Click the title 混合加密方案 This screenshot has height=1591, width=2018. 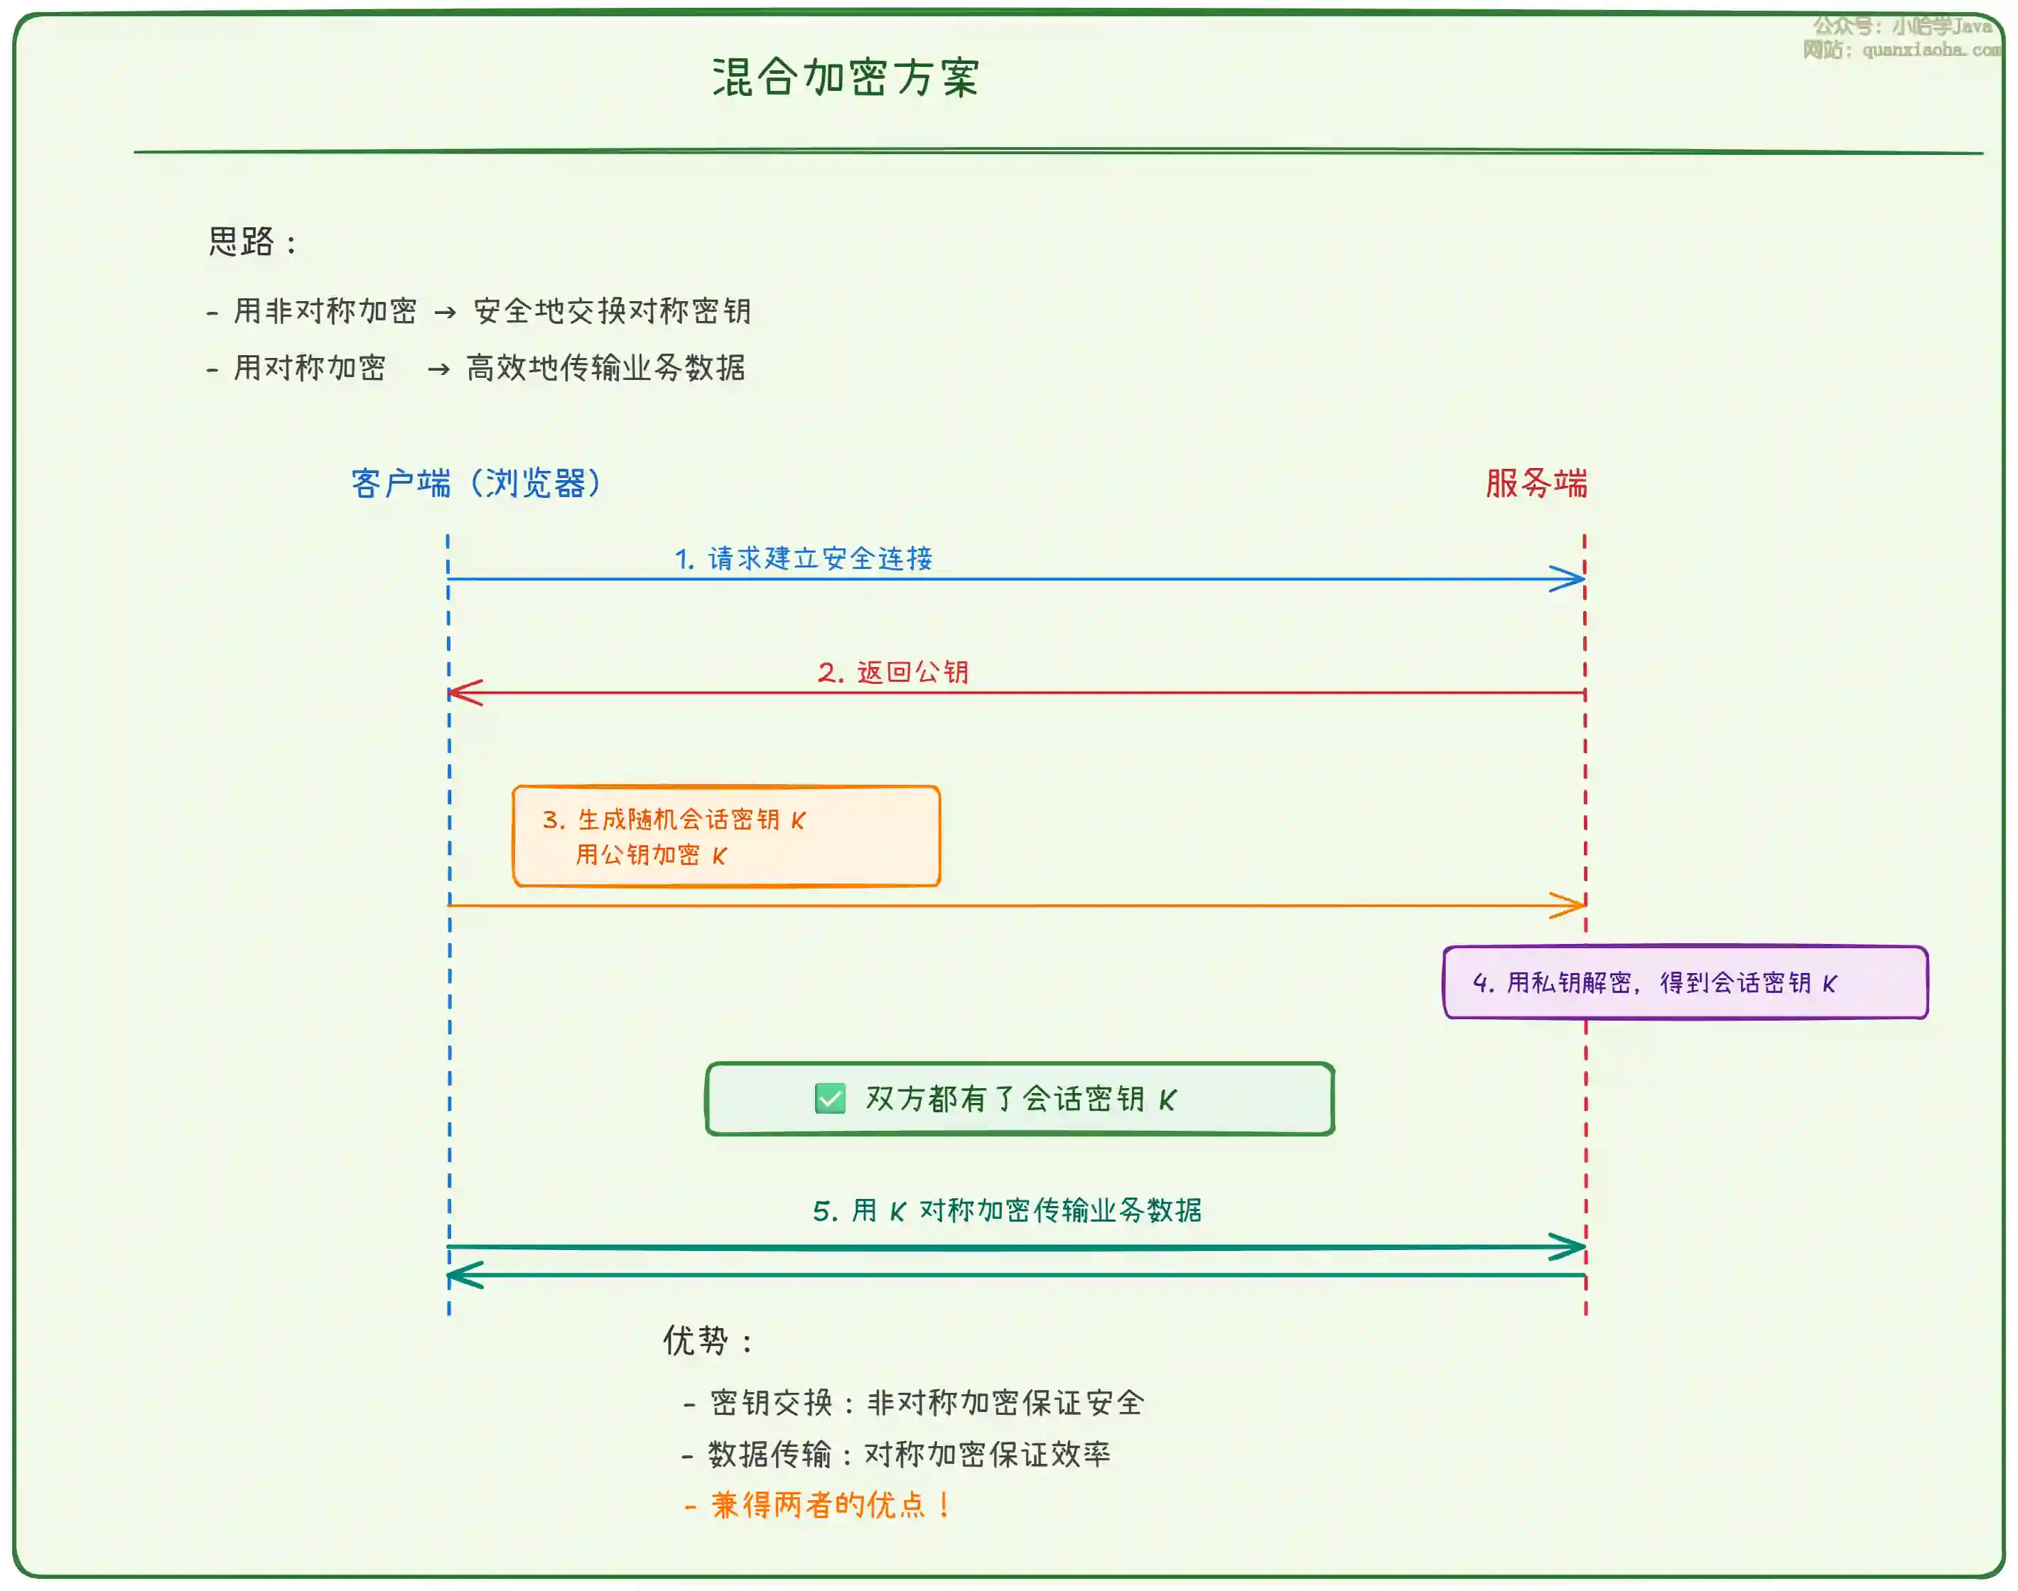pyautogui.click(x=845, y=77)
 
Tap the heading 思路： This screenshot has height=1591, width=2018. pyautogui.click(x=252, y=242)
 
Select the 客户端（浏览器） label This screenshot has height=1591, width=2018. pyautogui.click(x=476, y=484)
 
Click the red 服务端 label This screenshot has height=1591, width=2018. pyautogui.click(x=1536, y=484)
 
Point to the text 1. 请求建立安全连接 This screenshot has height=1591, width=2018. pyautogui.click(x=803, y=558)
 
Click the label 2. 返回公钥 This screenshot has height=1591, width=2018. pyautogui.click(x=893, y=672)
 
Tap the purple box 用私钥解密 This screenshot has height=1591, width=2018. pyautogui.click(x=1685, y=983)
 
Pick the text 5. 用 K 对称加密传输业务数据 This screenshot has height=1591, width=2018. pyautogui.click(x=1007, y=1210)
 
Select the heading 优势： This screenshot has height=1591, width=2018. pyautogui.click(x=707, y=1342)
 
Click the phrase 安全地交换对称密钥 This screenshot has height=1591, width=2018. pyautogui.click(x=612, y=311)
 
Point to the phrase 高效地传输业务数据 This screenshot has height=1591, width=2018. pyautogui.click(x=605, y=368)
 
